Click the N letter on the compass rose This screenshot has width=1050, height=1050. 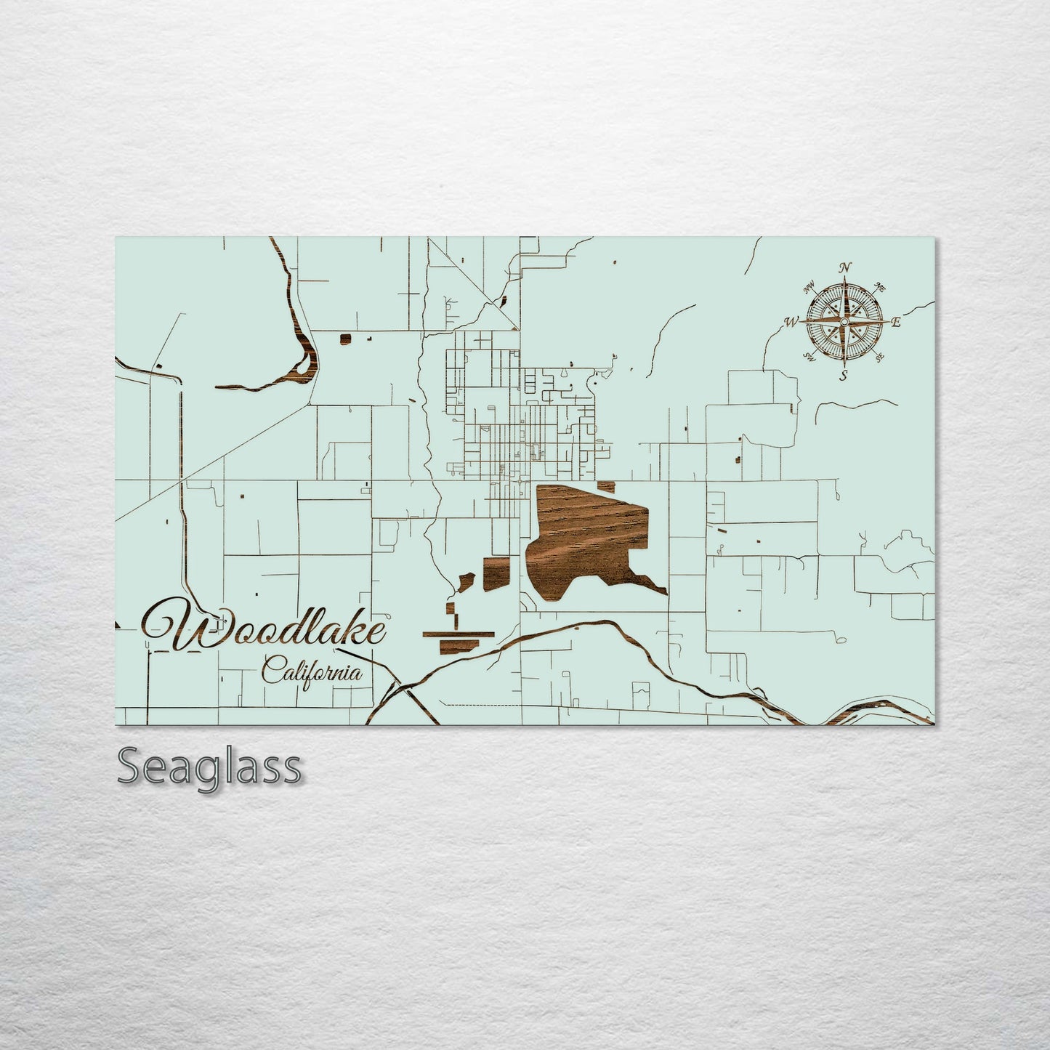844,268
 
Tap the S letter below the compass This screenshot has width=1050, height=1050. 844,375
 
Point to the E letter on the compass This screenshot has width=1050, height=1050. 896,322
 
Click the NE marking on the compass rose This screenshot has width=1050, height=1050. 881,285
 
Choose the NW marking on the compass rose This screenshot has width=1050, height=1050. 809,286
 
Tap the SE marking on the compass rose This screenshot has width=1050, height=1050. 880,358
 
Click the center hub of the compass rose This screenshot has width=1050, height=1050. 844,321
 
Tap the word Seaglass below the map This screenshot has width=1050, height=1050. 209,767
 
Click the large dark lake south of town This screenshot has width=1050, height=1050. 589,538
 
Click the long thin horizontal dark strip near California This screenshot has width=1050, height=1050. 458,634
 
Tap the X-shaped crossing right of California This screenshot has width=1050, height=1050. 401,688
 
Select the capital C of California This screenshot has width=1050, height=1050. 272,670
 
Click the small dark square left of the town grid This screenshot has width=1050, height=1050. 346,337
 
